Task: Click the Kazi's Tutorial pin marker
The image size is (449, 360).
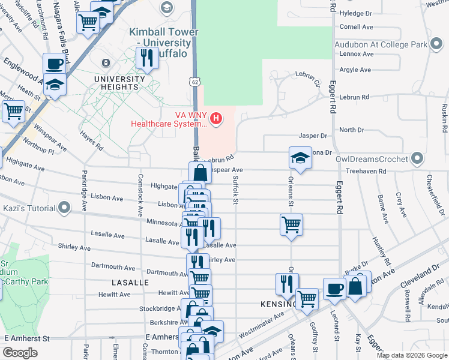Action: pos(64,208)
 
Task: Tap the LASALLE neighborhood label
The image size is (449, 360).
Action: pos(130,282)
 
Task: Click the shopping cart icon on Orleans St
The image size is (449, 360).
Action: pos(291,225)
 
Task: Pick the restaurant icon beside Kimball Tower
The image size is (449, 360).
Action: pos(146,58)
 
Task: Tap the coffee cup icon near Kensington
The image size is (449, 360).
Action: pos(334,289)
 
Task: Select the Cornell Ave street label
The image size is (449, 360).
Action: pos(356,27)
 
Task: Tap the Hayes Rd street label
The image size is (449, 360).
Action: pos(91,142)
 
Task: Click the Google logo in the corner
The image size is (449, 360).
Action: pos(20,353)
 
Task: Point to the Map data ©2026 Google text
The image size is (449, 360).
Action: pos(411,355)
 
